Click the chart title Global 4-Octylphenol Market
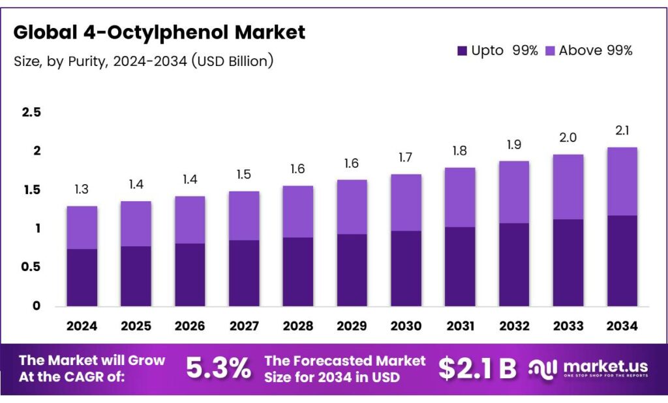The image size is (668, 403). click(159, 33)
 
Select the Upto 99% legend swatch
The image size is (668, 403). click(463, 50)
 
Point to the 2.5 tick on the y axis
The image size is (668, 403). click(31, 112)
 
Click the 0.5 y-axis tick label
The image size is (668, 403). click(31, 266)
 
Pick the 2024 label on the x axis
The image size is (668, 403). click(82, 325)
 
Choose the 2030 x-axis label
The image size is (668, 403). click(406, 325)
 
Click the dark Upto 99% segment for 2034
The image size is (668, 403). click(622, 261)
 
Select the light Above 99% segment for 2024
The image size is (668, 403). click(82, 227)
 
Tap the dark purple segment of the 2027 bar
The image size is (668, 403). click(244, 273)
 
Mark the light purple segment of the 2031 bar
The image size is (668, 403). click(460, 197)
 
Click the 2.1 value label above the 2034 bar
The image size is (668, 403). click(622, 131)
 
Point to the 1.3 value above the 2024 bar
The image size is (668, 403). click(82, 189)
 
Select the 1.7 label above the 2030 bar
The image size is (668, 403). click(406, 157)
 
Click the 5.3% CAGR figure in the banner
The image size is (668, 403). click(219, 368)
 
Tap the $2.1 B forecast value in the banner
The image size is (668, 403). click(477, 368)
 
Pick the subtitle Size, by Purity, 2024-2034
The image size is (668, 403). click(144, 61)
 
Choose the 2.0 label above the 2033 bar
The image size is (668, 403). click(568, 138)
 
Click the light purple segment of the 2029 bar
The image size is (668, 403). click(352, 206)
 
